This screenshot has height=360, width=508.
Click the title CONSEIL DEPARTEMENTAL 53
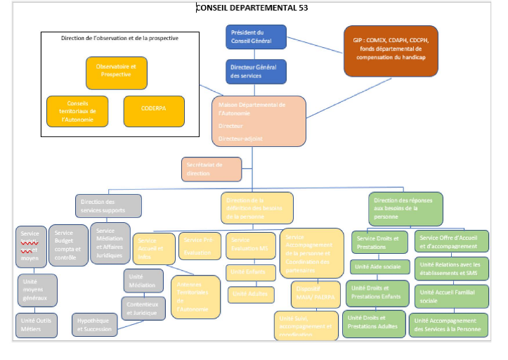click(252, 8)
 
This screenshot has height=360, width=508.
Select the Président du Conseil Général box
click(256, 37)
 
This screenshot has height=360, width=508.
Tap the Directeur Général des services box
click(256, 71)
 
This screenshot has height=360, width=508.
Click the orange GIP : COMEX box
click(390, 51)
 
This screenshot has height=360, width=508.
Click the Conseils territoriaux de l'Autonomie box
click(77, 111)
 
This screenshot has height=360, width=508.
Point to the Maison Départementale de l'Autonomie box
click(259, 122)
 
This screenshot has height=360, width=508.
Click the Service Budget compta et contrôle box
click(68, 244)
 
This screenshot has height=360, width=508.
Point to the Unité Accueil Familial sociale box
click(449, 297)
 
